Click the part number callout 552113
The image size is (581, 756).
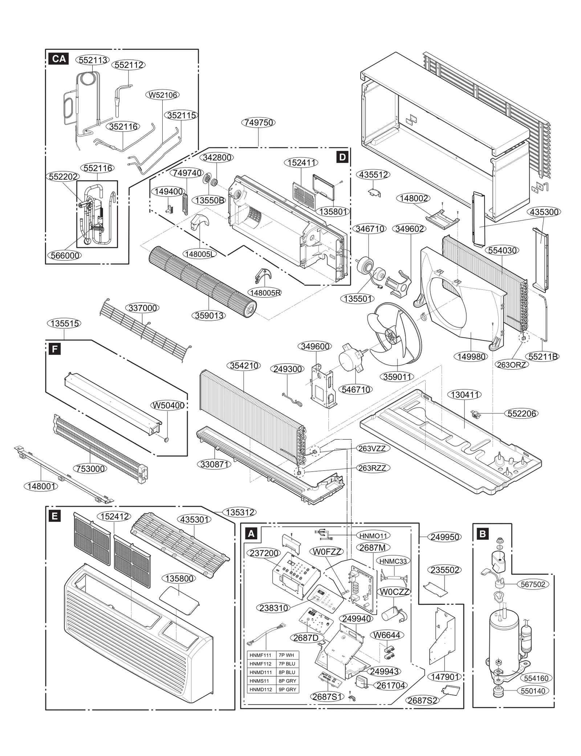point(93,60)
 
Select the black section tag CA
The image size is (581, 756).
point(59,59)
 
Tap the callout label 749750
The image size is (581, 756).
point(258,123)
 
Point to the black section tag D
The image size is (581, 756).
point(342,157)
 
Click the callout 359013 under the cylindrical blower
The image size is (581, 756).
point(209,316)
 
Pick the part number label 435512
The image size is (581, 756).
point(374,174)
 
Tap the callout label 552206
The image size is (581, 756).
point(521,414)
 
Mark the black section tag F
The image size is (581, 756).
point(54,349)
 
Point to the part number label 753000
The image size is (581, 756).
point(90,469)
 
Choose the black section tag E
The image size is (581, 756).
point(54,516)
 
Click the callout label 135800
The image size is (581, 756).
point(179,578)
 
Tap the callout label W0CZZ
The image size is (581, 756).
point(394,592)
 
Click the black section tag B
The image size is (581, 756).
point(483,534)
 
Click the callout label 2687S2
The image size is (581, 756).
point(423,700)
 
